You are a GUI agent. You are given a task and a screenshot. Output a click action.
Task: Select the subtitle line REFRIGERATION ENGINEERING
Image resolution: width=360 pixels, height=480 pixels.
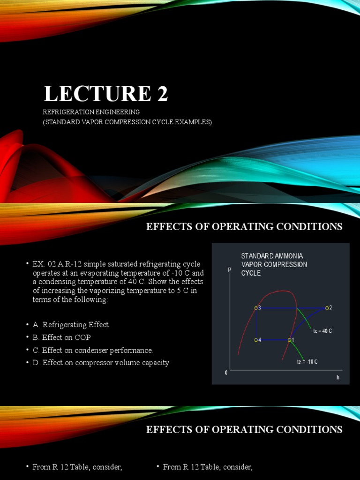(91, 112)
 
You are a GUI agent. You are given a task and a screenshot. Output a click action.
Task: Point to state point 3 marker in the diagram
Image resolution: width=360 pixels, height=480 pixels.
(256, 308)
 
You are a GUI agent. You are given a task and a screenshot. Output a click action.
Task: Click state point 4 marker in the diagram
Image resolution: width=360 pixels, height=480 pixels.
(256, 340)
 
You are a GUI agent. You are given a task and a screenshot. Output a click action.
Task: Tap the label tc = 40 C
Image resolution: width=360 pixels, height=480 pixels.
(322, 331)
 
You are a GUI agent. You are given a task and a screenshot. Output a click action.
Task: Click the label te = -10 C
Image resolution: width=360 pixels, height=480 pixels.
(307, 362)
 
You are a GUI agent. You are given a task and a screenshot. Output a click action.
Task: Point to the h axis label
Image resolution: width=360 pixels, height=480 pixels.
(337, 377)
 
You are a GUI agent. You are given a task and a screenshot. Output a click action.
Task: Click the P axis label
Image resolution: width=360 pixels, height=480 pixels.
(230, 270)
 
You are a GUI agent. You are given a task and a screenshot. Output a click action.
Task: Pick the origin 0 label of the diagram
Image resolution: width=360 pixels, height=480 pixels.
(226, 373)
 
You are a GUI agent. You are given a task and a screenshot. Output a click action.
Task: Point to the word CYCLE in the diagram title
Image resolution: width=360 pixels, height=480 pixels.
(251, 273)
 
